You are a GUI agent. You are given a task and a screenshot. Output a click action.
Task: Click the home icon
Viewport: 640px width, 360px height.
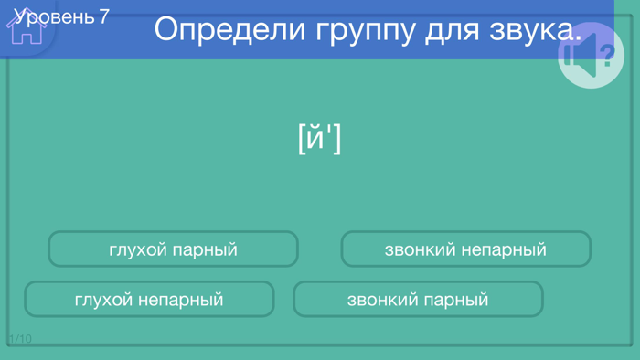pos(27,27)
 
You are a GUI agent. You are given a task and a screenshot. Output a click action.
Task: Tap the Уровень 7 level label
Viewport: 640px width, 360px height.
pos(62,16)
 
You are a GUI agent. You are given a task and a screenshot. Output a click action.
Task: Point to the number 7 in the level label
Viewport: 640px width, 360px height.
pos(103,16)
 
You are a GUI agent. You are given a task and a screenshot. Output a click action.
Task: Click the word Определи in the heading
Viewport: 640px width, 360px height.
pos(229,29)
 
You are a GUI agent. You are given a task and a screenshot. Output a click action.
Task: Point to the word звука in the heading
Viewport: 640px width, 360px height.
pos(531,29)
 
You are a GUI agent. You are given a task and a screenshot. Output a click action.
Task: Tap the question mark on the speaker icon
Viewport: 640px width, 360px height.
pos(606,57)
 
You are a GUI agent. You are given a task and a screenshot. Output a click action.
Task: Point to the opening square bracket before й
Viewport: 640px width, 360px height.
pos(302,139)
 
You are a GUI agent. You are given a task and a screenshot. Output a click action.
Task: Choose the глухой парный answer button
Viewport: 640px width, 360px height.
pos(173,249)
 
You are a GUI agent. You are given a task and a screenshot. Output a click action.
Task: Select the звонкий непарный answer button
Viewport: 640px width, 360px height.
pos(465,249)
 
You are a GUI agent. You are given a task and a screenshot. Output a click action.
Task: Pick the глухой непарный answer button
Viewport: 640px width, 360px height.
pos(149,300)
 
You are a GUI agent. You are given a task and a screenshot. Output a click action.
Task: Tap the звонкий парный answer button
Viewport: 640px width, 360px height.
pos(418,300)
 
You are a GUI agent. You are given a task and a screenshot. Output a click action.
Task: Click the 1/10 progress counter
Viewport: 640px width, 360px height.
pos(20,339)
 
